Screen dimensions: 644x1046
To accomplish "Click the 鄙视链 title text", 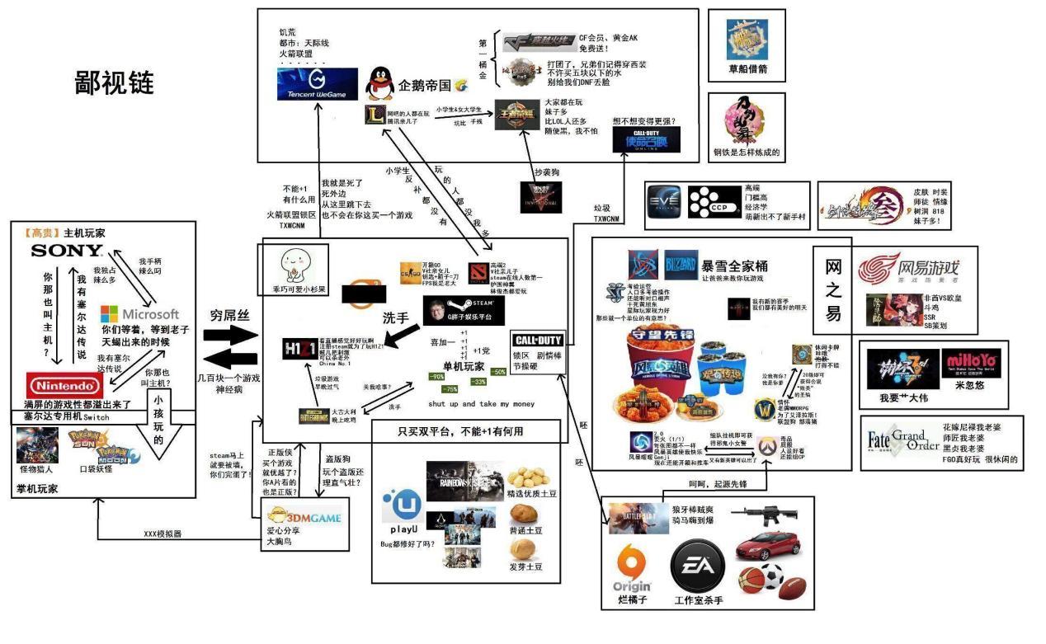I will (x=114, y=83).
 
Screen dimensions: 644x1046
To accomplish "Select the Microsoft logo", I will (x=140, y=314).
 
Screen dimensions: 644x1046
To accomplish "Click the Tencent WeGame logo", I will (x=318, y=85).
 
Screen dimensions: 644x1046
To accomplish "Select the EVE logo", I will (x=665, y=202).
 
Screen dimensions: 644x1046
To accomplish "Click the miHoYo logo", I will (x=971, y=363).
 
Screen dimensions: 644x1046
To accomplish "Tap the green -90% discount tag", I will (x=437, y=377).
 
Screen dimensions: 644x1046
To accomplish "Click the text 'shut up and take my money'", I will (x=481, y=404).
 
